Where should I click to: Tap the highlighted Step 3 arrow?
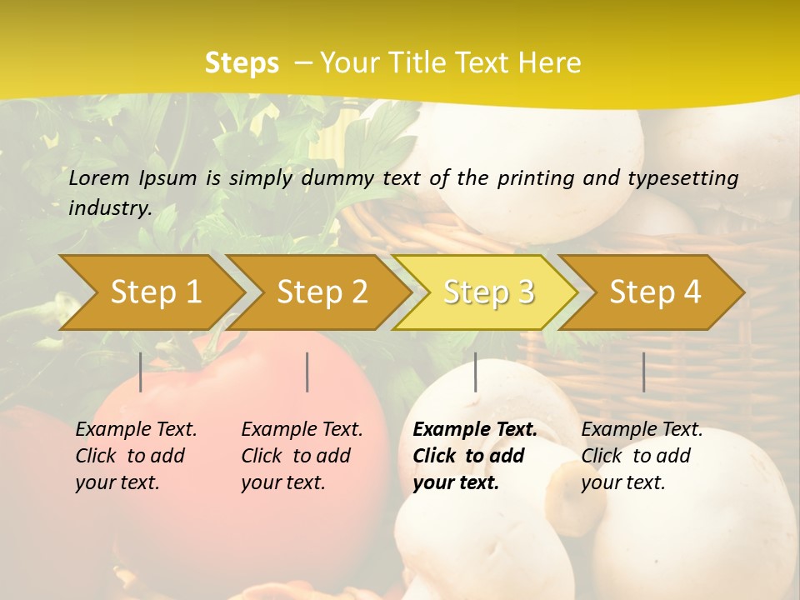click(x=488, y=292)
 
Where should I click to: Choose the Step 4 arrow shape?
click(x=655, y=292)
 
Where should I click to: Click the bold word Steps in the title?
click(x=242, y=62)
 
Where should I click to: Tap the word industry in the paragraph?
click(x=109, y=207)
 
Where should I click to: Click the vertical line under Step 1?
click(x=141, y=372)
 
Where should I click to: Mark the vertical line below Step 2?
click(x=307, y=372)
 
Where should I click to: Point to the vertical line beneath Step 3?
click(x=476, y=372)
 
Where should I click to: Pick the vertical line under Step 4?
click(x=644, y=372)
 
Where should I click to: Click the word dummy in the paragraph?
click(x=337, y=177)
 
